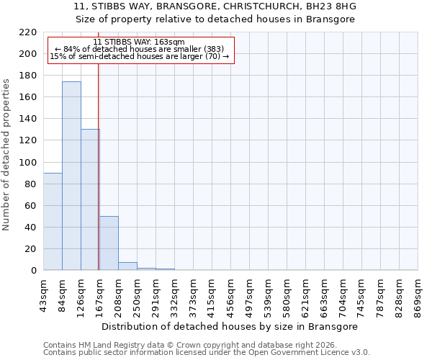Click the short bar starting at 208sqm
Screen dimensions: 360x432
[x=127, y=266]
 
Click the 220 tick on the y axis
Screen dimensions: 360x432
[x=29, y=32]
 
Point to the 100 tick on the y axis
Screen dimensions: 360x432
[x=29, y=163]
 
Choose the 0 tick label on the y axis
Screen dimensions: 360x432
[x=34, y=271]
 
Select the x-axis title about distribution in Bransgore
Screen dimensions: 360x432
[x=230, y=326]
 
